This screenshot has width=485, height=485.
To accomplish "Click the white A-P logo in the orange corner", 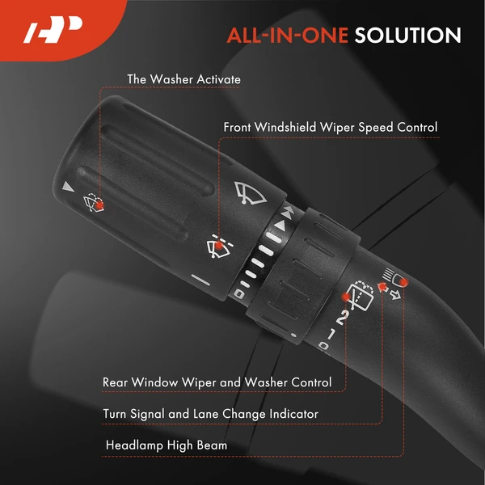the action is point(53,29).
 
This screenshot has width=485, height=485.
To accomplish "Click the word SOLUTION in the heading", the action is point(407,36).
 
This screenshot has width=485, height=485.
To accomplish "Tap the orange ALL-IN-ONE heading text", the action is point(287,36).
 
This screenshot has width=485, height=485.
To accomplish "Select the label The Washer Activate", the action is point(183,79).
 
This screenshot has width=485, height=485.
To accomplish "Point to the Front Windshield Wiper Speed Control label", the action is point(331,127).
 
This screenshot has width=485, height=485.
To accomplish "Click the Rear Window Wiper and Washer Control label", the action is point(217,382).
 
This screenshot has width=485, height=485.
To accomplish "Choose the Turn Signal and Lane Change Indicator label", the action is point(210,414).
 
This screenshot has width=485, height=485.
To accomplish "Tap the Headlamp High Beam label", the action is point(167,445).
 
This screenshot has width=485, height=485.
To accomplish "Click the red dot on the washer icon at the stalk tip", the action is point(99,205).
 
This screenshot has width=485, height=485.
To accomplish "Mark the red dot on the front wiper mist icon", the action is point(219,245).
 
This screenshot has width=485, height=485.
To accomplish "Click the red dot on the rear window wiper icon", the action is point(345,297).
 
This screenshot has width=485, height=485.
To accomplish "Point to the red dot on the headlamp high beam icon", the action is point(403,282).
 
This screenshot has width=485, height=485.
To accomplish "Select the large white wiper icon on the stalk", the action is point(249,193).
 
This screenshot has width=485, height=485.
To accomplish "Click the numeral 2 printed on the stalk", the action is point(343,318).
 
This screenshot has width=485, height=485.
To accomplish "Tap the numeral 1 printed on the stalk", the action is point(331,334).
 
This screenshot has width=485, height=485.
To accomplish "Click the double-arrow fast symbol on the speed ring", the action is point(287,213).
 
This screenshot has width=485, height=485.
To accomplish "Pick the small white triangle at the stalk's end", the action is point(68,187).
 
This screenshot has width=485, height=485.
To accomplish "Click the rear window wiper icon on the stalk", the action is point(360,295).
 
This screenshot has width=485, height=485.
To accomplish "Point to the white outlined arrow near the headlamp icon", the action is point(395,295).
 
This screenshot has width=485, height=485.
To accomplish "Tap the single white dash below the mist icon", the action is point(200,280).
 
